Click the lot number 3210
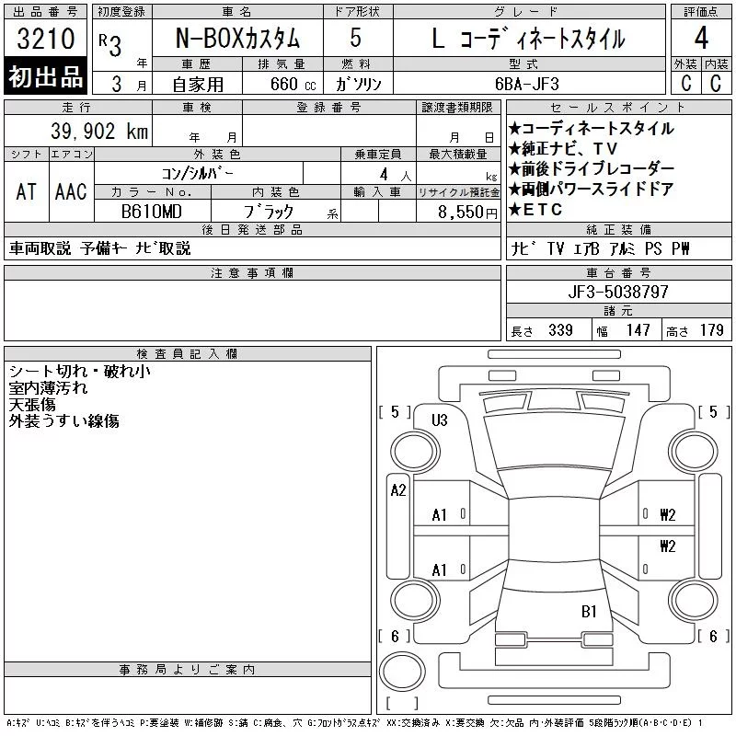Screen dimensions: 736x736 click(46, 38)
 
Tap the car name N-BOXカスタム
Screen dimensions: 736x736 click(237, 38)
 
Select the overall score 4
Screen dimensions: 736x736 click(701, 38)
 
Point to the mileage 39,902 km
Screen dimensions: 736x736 click(99, 131)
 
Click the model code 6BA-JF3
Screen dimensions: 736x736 click(527, 84)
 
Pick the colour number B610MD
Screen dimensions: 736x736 click(152, 212)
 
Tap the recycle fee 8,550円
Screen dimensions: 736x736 click(467, 213)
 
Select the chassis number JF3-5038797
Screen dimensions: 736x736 click(618, 292)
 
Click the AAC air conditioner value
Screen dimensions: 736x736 click(71, 191)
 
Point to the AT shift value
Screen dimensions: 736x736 click(27, 191)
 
